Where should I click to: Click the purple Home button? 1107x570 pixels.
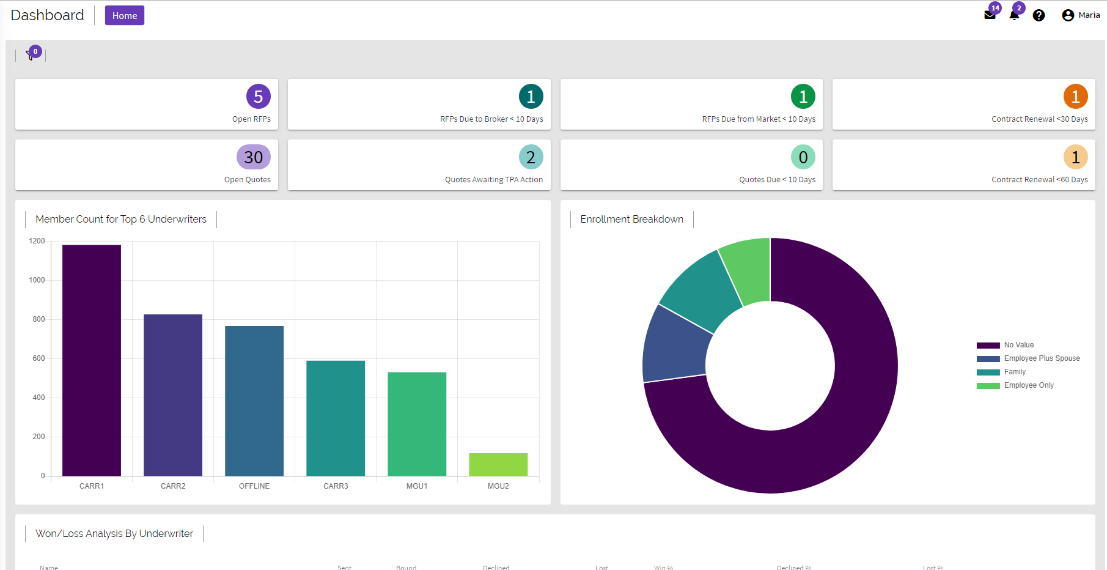(124, 15)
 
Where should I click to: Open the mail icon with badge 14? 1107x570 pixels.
(990, 15)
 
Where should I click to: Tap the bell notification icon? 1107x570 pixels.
(1014, 15)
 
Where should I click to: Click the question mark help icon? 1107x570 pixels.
(1039, 15)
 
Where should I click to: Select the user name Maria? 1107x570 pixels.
(1089, 15)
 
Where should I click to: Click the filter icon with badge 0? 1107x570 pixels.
(31, 55)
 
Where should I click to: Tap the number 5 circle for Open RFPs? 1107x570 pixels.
(258, 97)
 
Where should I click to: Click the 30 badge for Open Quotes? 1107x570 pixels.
(253, 157)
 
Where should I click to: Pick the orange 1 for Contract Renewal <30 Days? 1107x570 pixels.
(1075, 97)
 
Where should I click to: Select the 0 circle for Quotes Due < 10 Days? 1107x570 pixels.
(803, 157)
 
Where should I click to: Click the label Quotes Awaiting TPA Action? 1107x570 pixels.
(493, 180)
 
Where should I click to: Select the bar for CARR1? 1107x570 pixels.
(92, 361)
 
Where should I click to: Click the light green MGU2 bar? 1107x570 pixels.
(498, 465)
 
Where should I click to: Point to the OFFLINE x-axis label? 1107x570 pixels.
(254, 486)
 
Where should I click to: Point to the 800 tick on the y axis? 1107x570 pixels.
(39, 319)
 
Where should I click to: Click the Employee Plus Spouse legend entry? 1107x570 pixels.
(1041, 358)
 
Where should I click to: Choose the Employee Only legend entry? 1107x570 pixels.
(1028, 385)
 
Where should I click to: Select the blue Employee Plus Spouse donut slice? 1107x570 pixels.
(675, 346)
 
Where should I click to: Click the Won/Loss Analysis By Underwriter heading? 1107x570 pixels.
(114, 534)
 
